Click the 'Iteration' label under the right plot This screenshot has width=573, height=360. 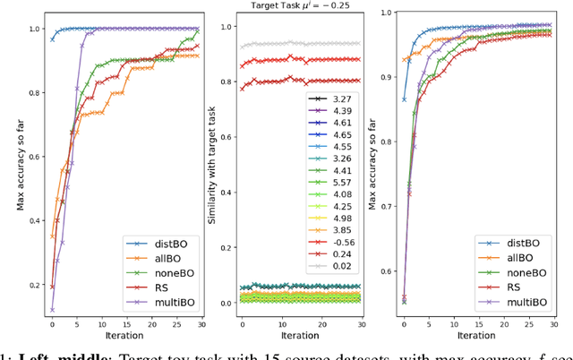pos(477,335)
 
